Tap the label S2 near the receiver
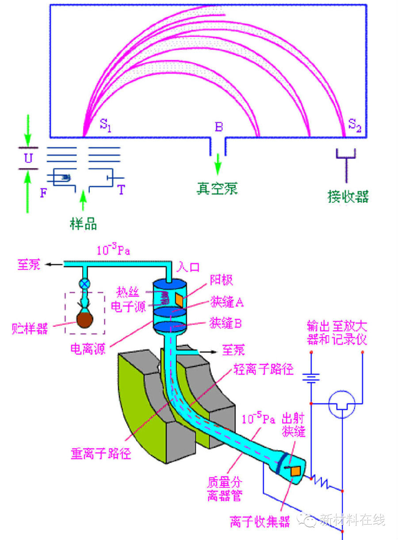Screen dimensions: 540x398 [355, 125]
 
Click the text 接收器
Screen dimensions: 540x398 [348, 196]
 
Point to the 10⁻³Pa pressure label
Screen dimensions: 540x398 [113, 251]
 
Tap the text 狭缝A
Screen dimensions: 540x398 [226, 303]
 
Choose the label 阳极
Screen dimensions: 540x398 [221, 280]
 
